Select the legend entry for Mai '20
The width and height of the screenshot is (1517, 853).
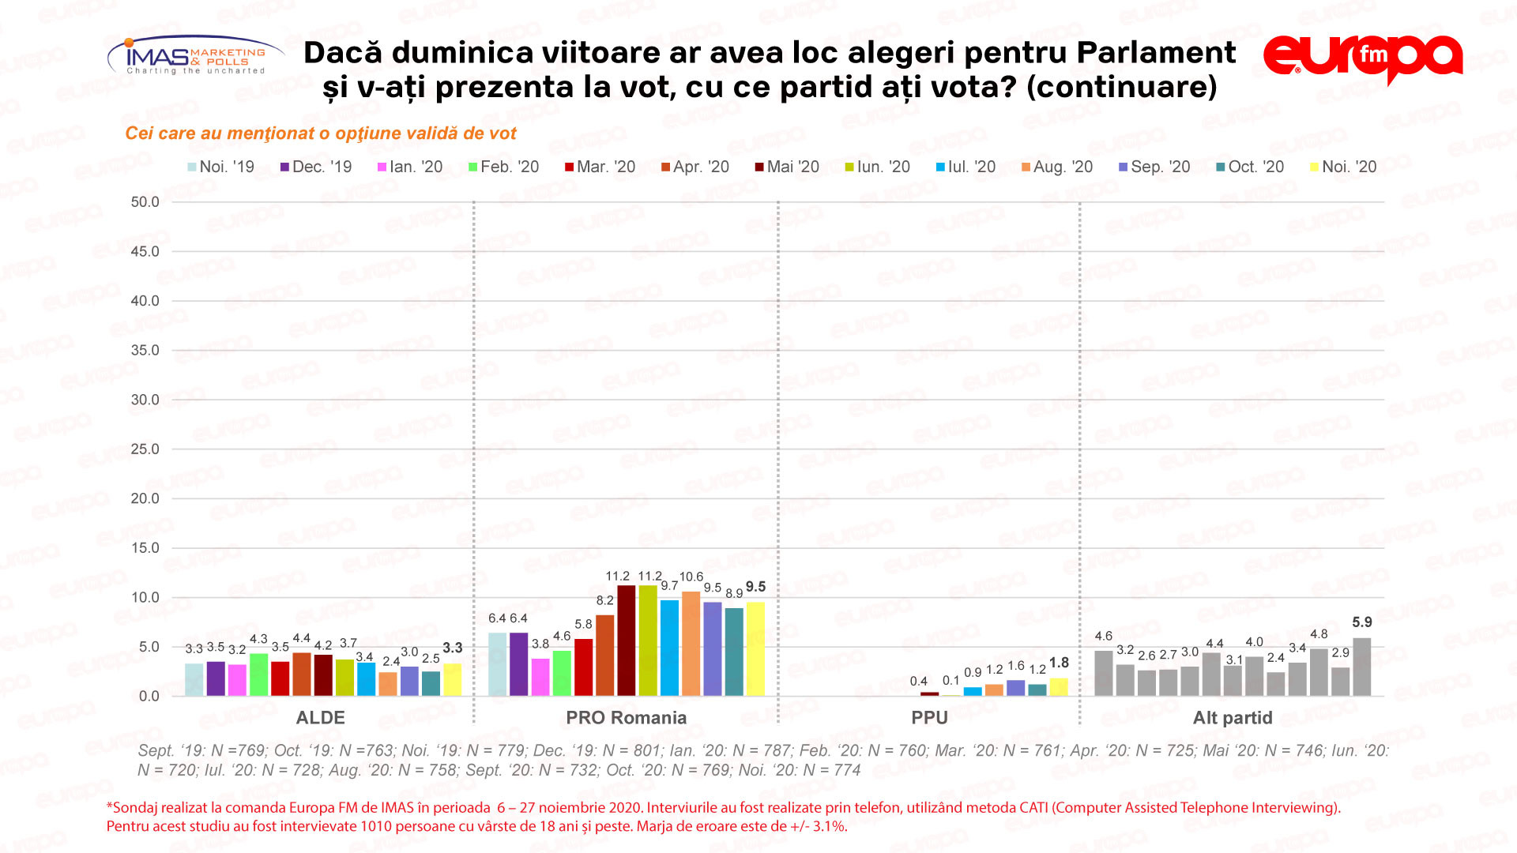(x=787, y=167)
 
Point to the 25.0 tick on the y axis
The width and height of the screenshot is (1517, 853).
(x=145, y=449)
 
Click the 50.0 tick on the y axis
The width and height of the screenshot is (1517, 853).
(x=145, y=202)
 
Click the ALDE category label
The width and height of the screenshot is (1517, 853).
(x=320, y=718)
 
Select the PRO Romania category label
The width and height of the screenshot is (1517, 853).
(x=626, y=718)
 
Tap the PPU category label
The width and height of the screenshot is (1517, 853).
(x=929, y=718)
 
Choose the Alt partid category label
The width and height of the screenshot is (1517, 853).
(x=1233, y=718)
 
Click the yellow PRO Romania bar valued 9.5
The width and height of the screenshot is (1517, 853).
(x=755, y=649)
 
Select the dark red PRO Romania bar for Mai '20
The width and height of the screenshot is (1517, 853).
(x=627, y=641)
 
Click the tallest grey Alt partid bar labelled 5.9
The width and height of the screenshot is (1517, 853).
(x=1362, y=667)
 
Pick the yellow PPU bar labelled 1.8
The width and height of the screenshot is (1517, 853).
(x=1059, y=687)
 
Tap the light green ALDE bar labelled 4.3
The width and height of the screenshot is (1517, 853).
(x=258, y=675)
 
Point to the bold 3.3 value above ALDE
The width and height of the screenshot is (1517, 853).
(x=452, y=648)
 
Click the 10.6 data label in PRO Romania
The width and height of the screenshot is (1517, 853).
(x=691, y=577)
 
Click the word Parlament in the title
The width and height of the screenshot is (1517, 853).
(x=1156, y=53)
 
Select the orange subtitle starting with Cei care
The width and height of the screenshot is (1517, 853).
(x=320, y=133)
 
